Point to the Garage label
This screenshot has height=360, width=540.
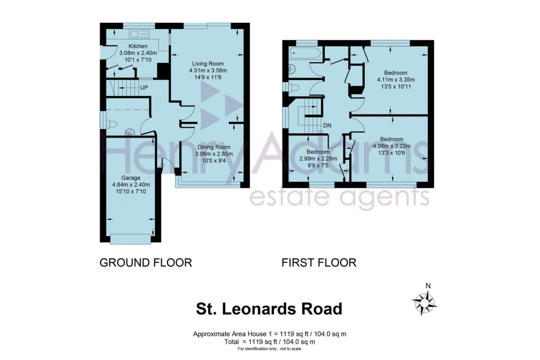coord(131,178)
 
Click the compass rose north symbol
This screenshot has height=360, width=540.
coord(425,302)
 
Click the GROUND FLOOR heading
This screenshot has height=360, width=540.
coord(146,262)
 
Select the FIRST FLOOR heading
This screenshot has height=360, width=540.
coord(319,262)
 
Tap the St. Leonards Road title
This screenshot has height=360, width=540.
coord(269,308)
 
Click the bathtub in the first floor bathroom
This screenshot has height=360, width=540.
coord(305,53)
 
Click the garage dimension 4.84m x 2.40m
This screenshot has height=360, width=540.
coord(131,184)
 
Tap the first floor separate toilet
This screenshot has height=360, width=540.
coord(294,87)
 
